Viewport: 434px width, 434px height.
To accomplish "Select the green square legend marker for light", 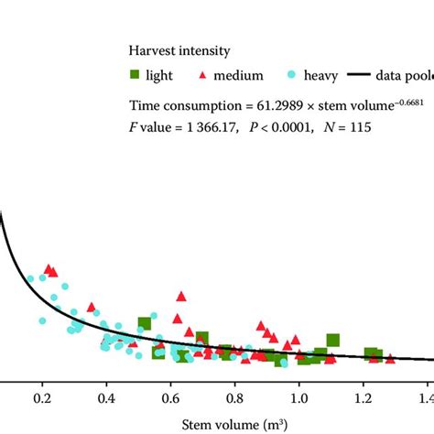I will tap(134, 76).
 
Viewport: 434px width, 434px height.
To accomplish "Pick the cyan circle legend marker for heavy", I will tap(290, 76).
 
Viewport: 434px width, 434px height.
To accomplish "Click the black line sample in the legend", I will tap(364, 76).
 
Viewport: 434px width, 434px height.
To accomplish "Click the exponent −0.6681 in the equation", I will tap(385, 101).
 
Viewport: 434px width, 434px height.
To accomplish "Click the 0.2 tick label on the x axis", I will tap(42, 400).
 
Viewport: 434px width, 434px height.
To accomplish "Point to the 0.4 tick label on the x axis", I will tap(106, 400).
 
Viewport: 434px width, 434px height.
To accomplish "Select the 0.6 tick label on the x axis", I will tap(170, 400).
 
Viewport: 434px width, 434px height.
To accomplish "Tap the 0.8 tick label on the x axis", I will tap(234, 400).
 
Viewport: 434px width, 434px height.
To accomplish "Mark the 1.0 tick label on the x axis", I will tap(298, 400).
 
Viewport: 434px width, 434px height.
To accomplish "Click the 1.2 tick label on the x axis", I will tap(363, 400).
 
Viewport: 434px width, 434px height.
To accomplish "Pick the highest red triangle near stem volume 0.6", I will tap(181, 296).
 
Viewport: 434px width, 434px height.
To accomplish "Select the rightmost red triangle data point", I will tap(391, 358).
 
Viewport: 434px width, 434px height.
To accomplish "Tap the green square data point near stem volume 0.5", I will tap(145, 323).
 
